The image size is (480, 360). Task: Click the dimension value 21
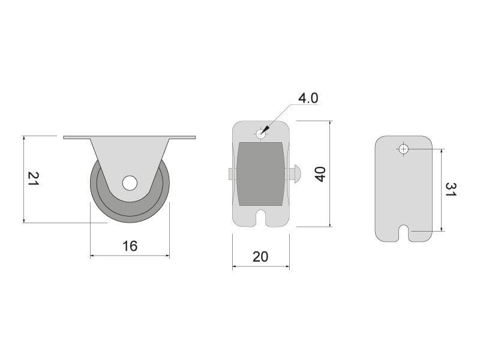(x=34, y=178)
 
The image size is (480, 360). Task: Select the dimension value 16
(x=130, y=246)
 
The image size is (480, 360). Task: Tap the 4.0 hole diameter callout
(x=308, y=98)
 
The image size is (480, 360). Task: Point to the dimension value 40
(x=320, y=174)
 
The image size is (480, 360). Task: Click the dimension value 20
(x=260, y=257)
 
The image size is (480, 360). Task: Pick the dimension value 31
(x=451, y=190)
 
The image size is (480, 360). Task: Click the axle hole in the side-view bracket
(x=130, y=183)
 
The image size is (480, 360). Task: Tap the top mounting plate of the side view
(x=130, y=137)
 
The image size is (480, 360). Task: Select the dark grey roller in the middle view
(x=260, y=174)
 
